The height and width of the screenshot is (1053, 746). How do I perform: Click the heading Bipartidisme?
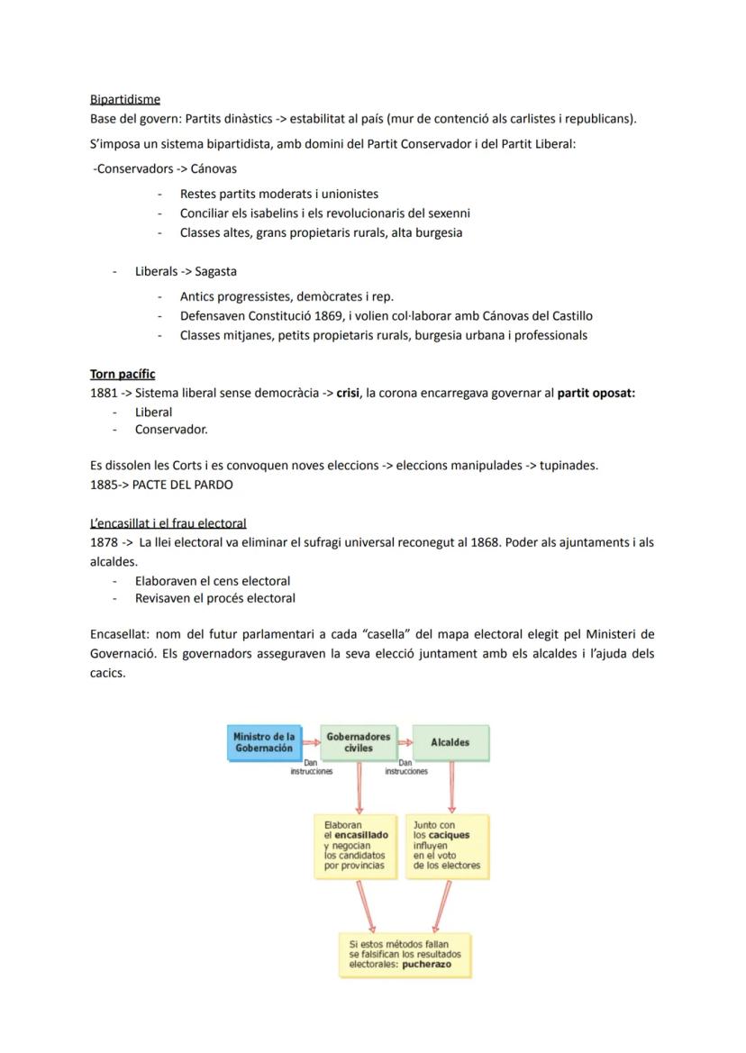pos(125,99)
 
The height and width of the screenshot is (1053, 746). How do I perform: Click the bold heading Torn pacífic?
pos(123,374)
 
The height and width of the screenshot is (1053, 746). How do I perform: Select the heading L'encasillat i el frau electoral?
pos(168,522)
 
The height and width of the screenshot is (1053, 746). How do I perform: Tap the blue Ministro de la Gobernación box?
pos(263,742)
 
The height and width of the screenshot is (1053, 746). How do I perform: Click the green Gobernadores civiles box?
pos(359,742)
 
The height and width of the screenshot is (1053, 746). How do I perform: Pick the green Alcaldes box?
pos(450,742)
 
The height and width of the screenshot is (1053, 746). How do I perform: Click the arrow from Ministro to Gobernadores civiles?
pos(311,742)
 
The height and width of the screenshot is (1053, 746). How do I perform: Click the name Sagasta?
pos(215,271)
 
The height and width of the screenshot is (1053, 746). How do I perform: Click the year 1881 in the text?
pos(104,394)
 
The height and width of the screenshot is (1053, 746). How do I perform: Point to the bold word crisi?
pos(349,394)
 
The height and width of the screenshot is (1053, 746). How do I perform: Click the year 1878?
pos(104,542)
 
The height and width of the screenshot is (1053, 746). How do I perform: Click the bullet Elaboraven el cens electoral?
pos(213,581)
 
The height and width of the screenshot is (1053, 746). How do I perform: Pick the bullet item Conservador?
pos(171,429)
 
